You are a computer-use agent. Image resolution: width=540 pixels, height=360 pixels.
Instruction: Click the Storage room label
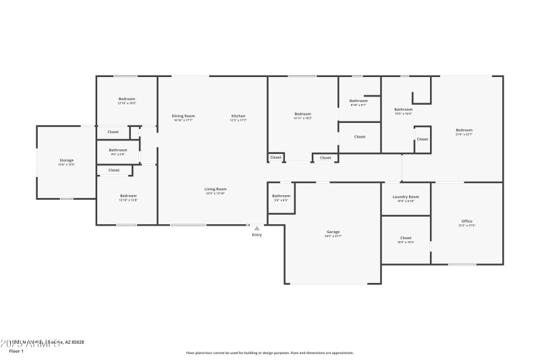[66, 160]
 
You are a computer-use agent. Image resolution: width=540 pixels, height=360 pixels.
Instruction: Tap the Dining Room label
[183, 115]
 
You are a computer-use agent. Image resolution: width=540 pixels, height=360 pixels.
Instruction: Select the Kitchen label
[238, 115]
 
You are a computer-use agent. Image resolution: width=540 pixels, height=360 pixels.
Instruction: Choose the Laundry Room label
[406, 197]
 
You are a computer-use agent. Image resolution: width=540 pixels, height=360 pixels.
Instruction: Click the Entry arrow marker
[256, 228]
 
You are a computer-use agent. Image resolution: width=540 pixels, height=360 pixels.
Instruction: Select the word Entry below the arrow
[256, 235]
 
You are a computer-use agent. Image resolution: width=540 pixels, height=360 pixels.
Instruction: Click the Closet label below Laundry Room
[406, 238]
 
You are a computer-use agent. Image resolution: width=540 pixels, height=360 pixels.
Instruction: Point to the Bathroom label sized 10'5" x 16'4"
[404, 109]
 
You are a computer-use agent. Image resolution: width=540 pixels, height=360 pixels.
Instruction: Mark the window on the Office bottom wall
[462, 264]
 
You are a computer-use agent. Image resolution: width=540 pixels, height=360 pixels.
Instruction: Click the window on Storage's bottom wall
[66, 199]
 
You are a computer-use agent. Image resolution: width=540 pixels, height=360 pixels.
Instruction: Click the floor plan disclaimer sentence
[269, 353]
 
